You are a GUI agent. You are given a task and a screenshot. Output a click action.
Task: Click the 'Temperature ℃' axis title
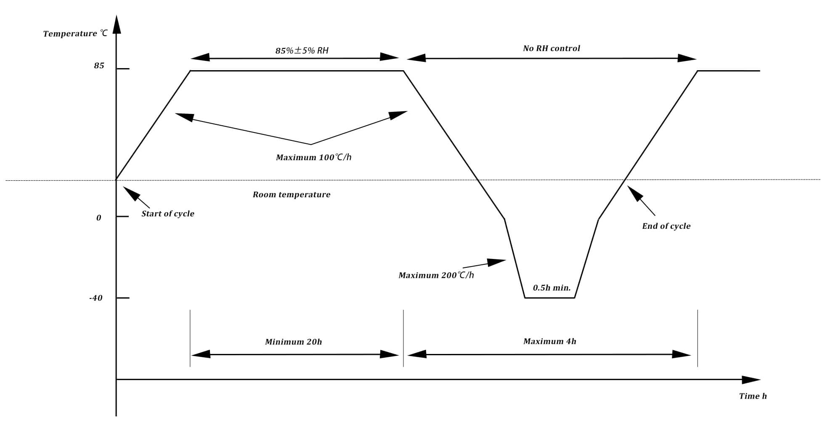75,34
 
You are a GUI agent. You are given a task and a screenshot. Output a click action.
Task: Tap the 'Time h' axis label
753,396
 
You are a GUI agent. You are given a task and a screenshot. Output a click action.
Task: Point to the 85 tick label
99,66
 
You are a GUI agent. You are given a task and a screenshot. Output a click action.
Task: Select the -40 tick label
95,298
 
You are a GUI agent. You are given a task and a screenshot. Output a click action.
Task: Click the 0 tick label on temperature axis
99,218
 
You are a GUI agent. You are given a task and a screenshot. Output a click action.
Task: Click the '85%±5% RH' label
302,51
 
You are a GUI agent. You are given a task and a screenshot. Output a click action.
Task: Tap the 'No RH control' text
551,48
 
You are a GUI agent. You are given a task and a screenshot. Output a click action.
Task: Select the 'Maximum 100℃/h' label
313,158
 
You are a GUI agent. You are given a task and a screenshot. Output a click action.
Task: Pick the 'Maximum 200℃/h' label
436,275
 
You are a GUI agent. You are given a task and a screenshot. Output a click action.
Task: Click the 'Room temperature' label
291,195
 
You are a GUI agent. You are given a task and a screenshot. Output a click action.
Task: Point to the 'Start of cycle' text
167,214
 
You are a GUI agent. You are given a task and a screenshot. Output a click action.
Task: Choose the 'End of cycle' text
666,226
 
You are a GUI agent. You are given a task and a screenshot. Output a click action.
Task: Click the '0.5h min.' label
552,288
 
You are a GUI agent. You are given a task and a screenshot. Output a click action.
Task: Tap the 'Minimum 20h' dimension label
293,342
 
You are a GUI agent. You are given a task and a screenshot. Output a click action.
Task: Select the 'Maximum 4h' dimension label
549,341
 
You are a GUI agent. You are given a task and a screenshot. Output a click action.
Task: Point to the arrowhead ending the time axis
750,380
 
